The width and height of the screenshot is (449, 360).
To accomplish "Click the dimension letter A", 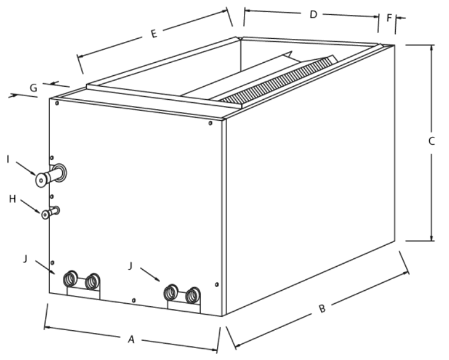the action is coord(131,340).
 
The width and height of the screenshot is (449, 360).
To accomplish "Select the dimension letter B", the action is coord(322,309).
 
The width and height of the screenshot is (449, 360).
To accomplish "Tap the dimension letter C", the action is coord(431,141).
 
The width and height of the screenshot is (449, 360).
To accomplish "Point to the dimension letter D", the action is coord(313,14).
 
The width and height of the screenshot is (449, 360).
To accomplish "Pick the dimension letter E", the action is coord(154,34).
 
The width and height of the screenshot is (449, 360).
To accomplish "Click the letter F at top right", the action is coord(389,18).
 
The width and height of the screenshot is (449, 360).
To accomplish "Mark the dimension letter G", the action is coord(34,88).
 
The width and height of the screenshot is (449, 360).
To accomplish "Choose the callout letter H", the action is coord(13,199).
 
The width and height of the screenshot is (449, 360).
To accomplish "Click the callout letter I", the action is coord(8,160).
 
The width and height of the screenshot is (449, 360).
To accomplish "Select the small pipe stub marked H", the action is coord(50,213).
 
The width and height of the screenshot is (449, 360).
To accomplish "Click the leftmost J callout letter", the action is coord(26,259).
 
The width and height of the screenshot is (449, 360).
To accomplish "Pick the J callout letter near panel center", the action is coord(130,266).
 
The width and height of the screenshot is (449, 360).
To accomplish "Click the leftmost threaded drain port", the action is coord(70,277).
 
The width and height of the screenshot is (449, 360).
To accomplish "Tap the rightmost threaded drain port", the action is coord(193,295).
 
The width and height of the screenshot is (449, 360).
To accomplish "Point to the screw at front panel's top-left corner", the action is coord(57,103).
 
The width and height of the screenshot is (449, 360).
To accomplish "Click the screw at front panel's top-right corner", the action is coord(210,123).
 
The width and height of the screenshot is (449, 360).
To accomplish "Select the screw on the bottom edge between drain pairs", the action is coord(134,300).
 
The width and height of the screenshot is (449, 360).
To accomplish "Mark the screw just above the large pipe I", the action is coord(52,158).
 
